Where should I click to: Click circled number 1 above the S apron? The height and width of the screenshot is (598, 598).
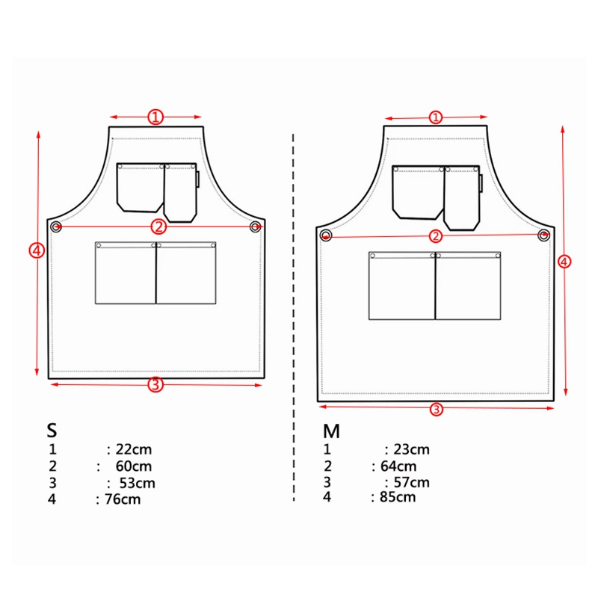155,117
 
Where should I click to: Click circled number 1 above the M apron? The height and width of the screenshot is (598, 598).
436,117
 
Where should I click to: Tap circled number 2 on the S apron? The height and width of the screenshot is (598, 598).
158,226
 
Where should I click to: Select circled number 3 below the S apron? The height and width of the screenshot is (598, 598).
155,385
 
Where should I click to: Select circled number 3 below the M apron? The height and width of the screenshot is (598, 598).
437,409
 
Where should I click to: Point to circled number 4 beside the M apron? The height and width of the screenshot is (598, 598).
564,261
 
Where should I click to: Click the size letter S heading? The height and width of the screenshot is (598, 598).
52,431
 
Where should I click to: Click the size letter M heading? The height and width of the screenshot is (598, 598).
331,431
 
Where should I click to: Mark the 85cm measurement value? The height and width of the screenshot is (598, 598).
397,497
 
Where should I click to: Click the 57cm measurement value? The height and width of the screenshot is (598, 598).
411,483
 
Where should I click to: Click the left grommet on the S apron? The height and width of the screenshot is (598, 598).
56,226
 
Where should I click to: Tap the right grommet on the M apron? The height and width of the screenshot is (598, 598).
543,235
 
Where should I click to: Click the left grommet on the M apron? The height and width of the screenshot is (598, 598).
326,236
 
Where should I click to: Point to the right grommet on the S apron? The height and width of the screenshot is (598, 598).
255,226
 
